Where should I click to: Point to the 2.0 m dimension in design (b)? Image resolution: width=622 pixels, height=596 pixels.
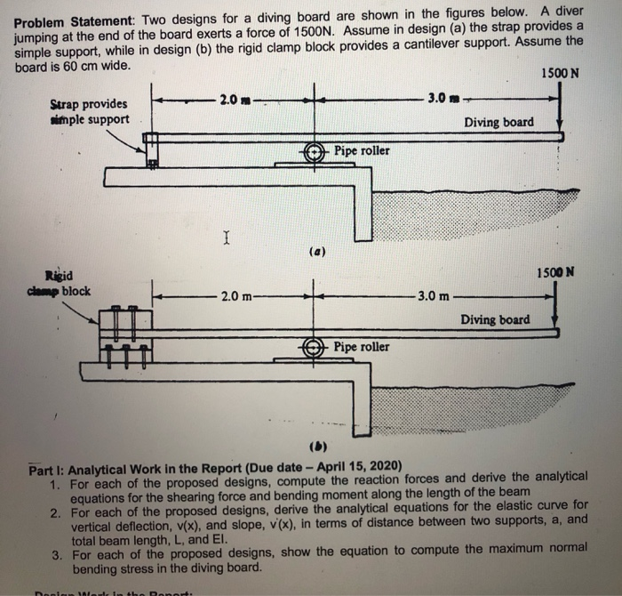(235, 295)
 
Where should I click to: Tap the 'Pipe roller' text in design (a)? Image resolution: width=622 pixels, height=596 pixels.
(362, 150)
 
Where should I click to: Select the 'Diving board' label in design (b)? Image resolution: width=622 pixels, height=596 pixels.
(495, 319)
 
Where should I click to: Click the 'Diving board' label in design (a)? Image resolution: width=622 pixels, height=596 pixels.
(498, 122)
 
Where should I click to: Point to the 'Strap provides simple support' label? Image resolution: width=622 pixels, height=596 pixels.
(89, 112)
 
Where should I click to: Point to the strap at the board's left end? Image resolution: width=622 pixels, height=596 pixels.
(152, 149)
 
